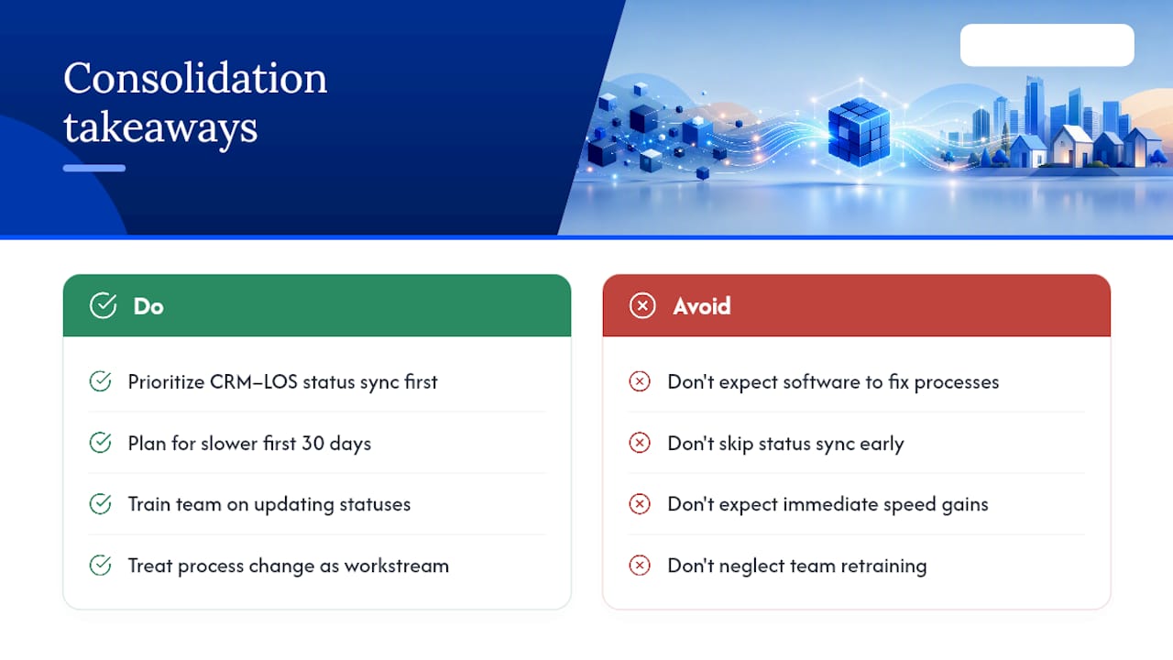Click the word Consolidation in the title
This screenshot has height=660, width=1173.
[195, 78]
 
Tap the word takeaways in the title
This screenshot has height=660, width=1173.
[160, 127]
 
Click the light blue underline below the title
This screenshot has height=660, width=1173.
[94, 168]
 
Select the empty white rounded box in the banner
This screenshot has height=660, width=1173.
[1047, 45]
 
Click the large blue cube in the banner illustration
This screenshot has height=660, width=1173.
[859, 131]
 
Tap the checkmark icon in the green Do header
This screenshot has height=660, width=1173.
[104, 305]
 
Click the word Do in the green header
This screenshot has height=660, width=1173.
[148, 306]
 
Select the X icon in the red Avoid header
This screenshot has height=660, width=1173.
[642, 305]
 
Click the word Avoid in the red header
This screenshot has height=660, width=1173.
[702, 306]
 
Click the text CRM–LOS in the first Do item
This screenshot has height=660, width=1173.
[254, 382]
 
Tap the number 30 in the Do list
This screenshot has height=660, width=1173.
[313, 443]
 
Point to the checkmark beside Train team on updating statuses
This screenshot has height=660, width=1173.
[100, 504]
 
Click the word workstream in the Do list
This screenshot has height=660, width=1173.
[397, 566]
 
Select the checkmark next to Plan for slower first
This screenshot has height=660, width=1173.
[100, 443]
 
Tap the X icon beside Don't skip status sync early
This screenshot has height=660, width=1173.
[640, 443]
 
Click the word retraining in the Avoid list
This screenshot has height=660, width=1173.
[884, 566]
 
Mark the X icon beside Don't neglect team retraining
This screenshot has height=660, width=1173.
[640, 566]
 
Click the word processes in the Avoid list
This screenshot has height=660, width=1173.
[957, 383]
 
